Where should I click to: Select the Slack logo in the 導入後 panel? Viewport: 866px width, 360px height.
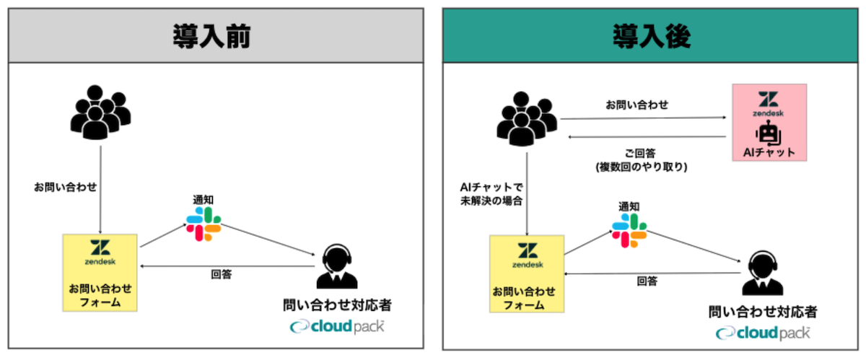click(x=629, y=229)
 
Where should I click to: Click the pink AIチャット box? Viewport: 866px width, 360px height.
click(x=769, y=123)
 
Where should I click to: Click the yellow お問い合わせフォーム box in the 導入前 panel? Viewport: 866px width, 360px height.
click(x=100, y=272)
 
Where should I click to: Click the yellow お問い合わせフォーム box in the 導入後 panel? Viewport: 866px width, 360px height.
click(x=527, y=274)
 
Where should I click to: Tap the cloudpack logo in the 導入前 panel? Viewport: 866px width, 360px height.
click(x=337, y=326)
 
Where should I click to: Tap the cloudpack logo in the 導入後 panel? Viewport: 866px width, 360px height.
click(x=763, y=333)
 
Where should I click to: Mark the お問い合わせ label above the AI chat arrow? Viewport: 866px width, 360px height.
click(x=637, y=105)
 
